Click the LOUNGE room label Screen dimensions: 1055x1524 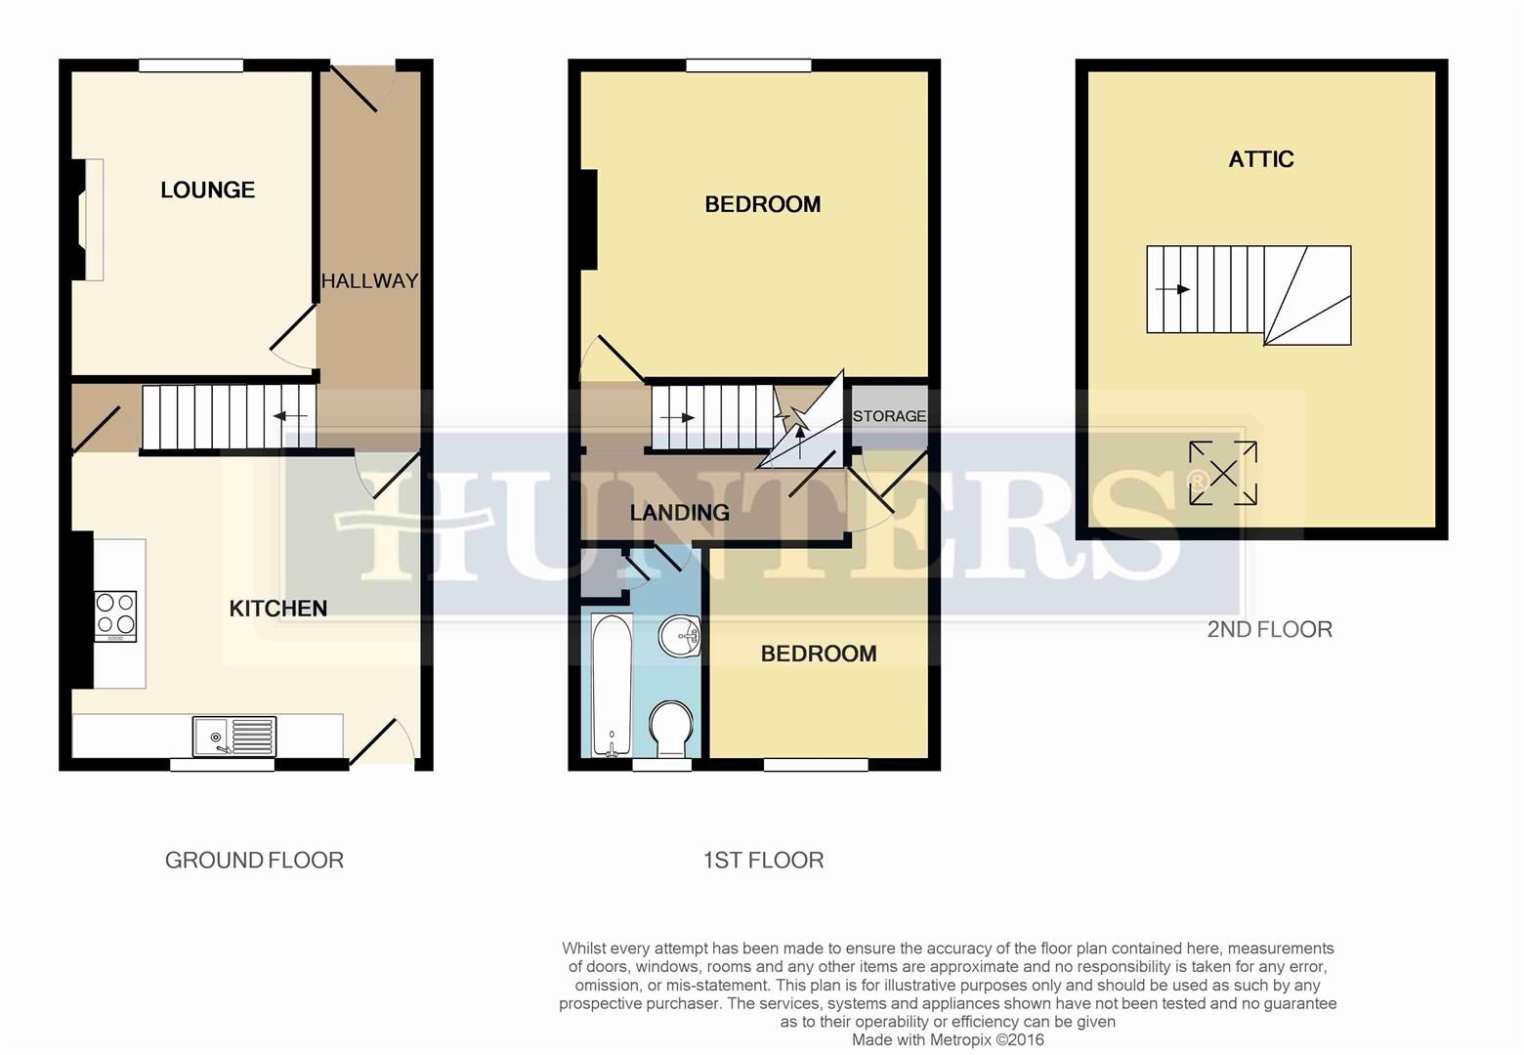[x=207, y=190]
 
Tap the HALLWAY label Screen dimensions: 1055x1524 [x=369, y=281]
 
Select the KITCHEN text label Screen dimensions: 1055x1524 [x=277, y=609]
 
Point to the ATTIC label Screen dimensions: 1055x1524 [x=1260, y=159]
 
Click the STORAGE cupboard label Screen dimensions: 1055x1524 [x=889, y=416]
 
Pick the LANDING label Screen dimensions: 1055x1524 [x=679, y=512]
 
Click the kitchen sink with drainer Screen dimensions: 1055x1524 [x=234, y=736]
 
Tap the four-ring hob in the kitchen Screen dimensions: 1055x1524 [x=115, y=615]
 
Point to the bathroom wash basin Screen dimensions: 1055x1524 [x=680, y=638]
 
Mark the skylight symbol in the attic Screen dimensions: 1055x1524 [x=1222, y=474]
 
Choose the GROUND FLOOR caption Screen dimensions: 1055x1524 [x=254, y=861]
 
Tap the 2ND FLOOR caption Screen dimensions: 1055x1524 [x=1269, y=629]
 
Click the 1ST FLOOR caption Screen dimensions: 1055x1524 [x=763, y=861]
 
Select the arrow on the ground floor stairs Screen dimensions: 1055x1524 [x=289, y=417]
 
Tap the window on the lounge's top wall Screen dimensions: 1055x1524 [x=190, y=65]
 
